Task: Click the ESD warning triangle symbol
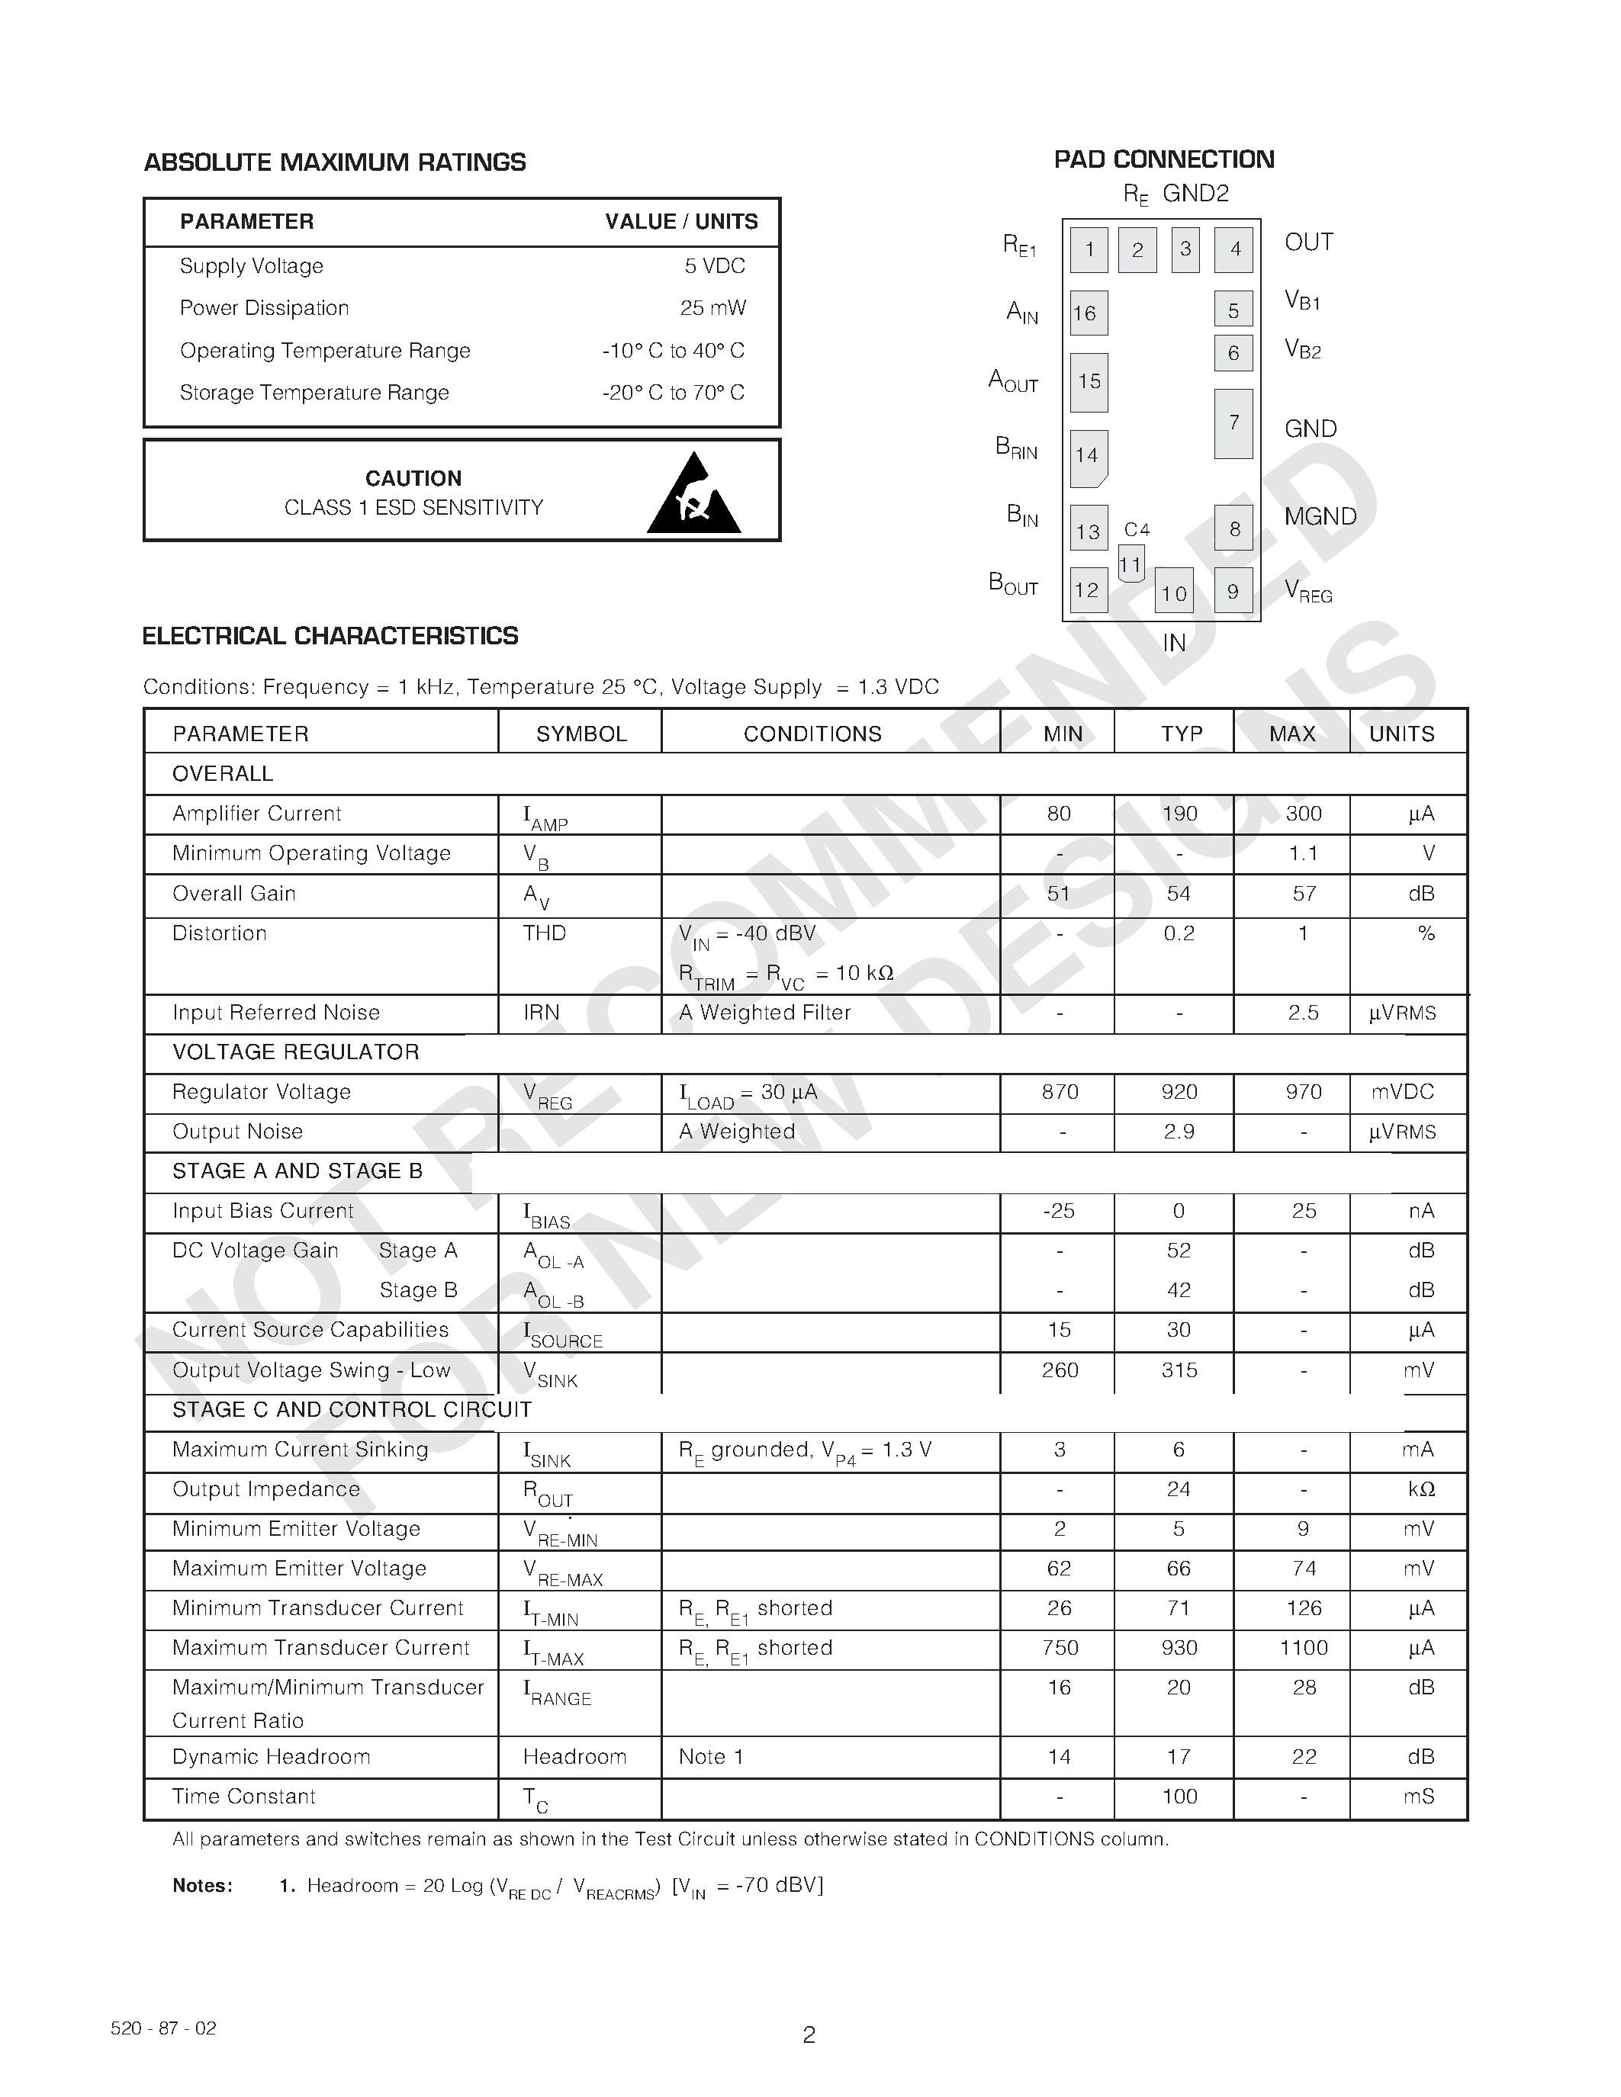coord(693,496)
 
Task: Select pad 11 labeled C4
coord(1131,564)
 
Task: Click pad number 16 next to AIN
coord(1088,313)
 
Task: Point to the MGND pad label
coord(1320,516)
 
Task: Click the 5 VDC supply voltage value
coord(715,266)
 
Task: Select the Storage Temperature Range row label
coord(314,393)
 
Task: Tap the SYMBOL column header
coord(581,734)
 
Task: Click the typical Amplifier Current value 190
coord(1179,814)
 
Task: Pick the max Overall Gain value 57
coord(1303,893)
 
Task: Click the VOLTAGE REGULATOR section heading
coord(296,1052)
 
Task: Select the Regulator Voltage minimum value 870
coord(1060,1092)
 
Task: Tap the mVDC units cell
coord(1403,1092)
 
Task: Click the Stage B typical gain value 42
coord(1179,1290)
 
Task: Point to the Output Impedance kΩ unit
coord(1420,1489)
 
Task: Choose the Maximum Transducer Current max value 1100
coord(1303,1648)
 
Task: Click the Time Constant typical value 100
coord(1179,1797)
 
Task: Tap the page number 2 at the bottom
coord(809,2034)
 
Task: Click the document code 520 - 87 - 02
coord(163,2028)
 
